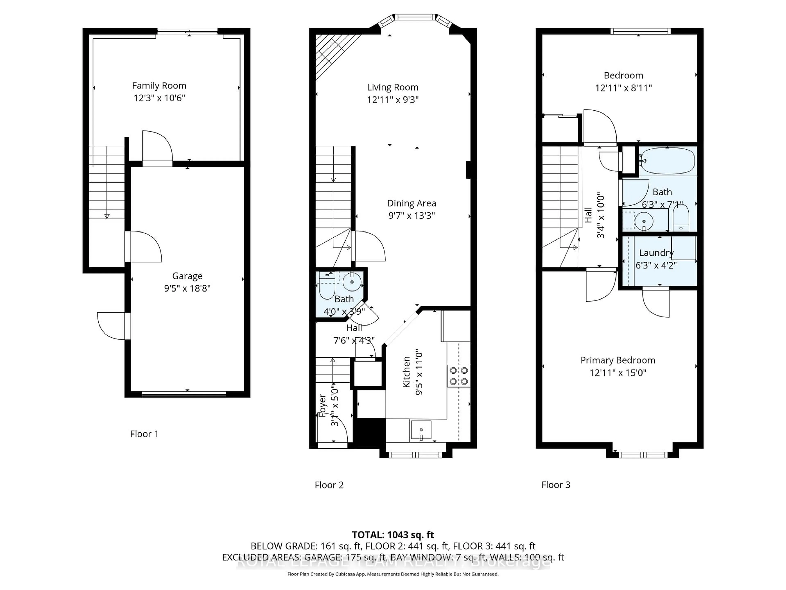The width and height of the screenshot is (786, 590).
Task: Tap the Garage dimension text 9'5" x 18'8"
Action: tap(187, 288)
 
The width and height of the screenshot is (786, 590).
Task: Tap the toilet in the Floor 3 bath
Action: tap(680, 218)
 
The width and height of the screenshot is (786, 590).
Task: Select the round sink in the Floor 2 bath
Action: tap(352, 282)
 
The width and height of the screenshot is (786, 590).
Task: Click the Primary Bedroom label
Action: tap(618, 360)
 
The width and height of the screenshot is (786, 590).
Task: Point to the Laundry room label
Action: tap(656, 253)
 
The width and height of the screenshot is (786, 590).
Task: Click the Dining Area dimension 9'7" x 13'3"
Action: tap(411, 216)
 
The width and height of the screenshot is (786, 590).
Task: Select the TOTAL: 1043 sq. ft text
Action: tap(393, 535)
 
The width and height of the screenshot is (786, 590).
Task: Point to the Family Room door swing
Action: tap(156, 146)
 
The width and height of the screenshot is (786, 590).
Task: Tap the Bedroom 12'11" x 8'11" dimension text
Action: tap(623, 88)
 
